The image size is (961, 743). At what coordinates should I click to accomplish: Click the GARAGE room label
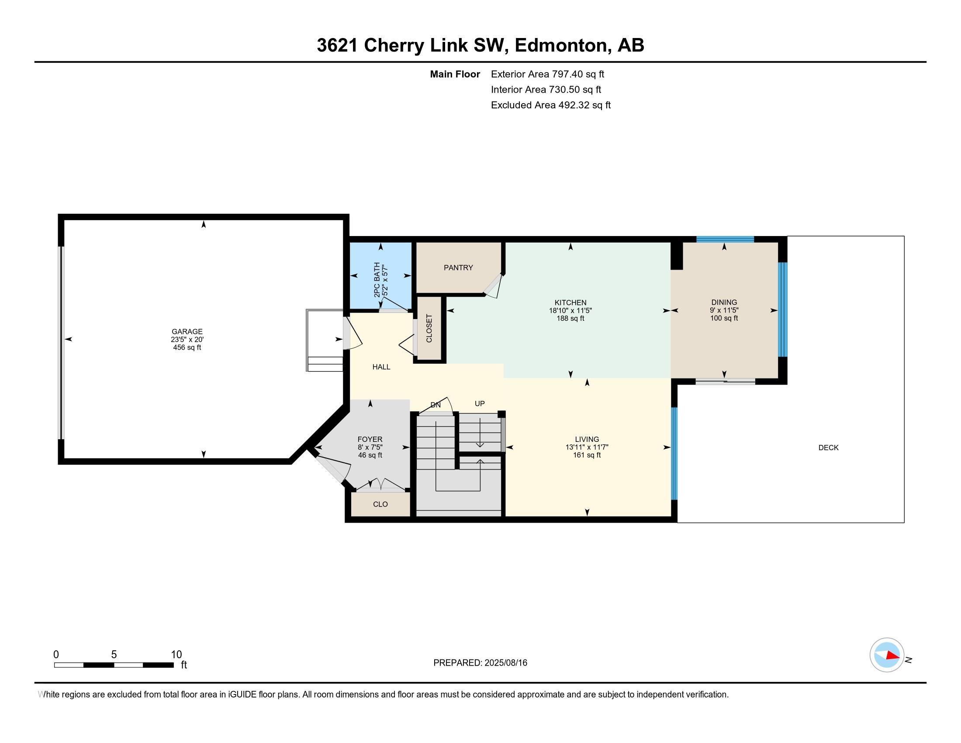[187, 331]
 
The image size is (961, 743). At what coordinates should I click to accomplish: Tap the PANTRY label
[458, 267]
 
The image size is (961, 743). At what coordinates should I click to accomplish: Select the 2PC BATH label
[377, 280]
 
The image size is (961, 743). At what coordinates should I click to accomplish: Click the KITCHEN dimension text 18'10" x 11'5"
[570, 310]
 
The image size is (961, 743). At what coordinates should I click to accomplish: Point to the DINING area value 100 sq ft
[724, 318]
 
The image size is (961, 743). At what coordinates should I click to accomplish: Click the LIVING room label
[587, 439]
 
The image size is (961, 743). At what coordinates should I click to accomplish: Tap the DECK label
[828, 448]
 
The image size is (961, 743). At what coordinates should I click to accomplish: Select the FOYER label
[370, 439]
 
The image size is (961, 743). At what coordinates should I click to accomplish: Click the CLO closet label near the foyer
[380, 504]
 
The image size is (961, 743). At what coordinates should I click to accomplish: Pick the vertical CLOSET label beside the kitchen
[429, 328]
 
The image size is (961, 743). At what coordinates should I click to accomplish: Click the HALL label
[381, 367]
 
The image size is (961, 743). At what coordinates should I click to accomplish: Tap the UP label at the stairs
[480, 404]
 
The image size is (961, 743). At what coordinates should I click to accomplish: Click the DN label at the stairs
[435, 405]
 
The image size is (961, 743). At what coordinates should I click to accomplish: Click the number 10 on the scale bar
[176, 655]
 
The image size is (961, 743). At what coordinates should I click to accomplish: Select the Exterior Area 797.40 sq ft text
[547, 74]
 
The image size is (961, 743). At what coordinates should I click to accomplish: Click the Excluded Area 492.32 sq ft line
[550, 105]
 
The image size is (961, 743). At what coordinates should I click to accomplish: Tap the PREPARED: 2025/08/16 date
[480, 663]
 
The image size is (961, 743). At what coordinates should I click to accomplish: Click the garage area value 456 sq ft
[187, 347]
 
